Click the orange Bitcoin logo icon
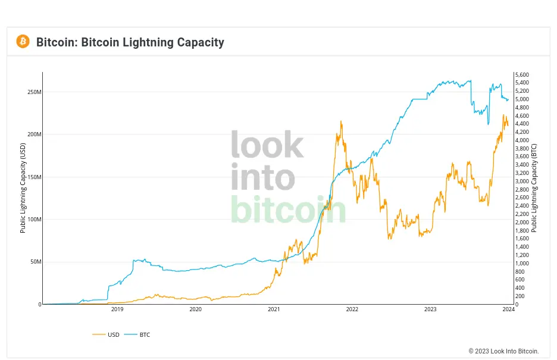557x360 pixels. tap(23, 42)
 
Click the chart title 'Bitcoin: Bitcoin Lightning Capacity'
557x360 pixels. tap(130, 42)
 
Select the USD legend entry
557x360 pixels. tap(107, 334)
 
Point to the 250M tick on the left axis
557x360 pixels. tap(33, 92)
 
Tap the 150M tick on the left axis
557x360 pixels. tap(33, 177)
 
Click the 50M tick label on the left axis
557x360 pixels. tap(35, 262)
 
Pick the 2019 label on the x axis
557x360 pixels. tap(117, 309)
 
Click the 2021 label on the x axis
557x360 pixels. tap(274, 309)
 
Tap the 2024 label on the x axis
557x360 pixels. tap(508, 309)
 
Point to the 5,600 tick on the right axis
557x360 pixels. tap(522, 74)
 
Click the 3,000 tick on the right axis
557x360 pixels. tap(522, 181)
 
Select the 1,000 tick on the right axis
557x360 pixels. tap(522, 263)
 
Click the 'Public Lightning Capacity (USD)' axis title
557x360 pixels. tap(23, 188)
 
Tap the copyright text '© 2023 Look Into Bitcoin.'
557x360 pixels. tap(503, 351)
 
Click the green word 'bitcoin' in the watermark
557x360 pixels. tap(288, 210)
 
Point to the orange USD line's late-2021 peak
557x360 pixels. tap(341, 121)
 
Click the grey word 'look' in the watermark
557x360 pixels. tap(267, 145)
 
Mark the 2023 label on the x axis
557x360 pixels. tap(430, 309)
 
